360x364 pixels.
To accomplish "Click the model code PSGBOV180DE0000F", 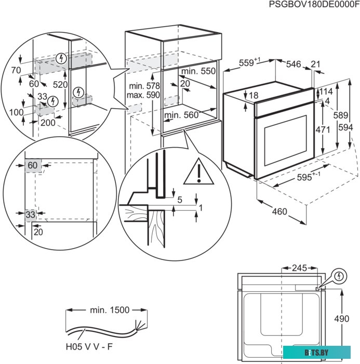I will [313, 5].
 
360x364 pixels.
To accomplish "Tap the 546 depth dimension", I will [294, 64].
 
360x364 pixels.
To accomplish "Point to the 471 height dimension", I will [323, 128].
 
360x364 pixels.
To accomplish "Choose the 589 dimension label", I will [340, 115].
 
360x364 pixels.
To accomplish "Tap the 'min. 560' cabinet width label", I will [181, 115].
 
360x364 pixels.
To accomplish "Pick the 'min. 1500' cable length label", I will [109, 310].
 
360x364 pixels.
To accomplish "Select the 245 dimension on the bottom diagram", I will [299, 269].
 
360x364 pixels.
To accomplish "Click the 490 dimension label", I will [341, 319].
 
